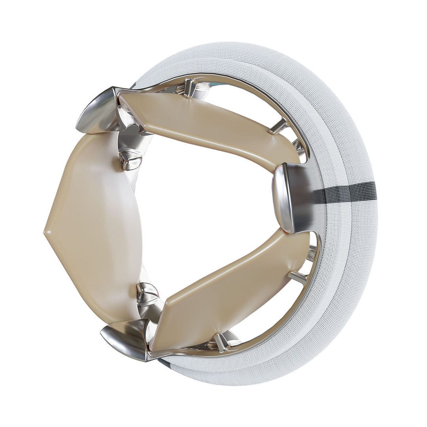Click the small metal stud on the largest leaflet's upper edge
[x=130, y=158]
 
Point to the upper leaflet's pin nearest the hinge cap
[x=189, y=88]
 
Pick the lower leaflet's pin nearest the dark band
[x=297, y=277]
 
